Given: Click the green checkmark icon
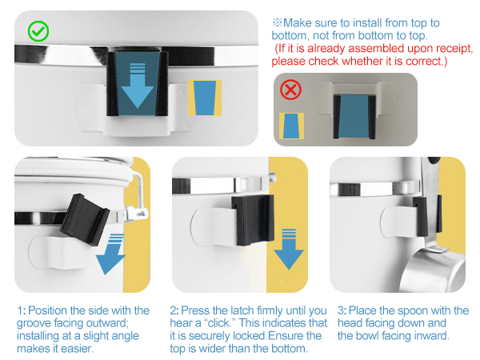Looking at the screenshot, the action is click(x=38, y=31).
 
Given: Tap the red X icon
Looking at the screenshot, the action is click(x=290, y=90).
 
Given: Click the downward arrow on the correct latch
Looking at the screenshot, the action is click(x=138, y=86).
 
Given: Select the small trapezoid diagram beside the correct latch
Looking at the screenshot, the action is click(x=205, y=98).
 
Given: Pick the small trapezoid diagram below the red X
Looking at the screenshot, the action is click(x=291, y=126).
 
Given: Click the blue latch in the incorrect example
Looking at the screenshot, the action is click(x=354, y=116).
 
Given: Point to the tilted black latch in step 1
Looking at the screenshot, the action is click(x=85, y=219).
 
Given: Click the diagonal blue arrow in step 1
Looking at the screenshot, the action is click(x=111, y=254).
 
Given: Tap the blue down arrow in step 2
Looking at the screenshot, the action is click(x=289, y=249).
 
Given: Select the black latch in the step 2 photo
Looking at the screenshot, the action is click(x=253, y=220).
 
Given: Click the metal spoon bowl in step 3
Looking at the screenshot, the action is click(x=432, y=270).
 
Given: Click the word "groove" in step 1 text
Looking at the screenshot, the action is click(x=34, y=323).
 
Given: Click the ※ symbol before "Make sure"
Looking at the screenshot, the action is click(x=277, y=22).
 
